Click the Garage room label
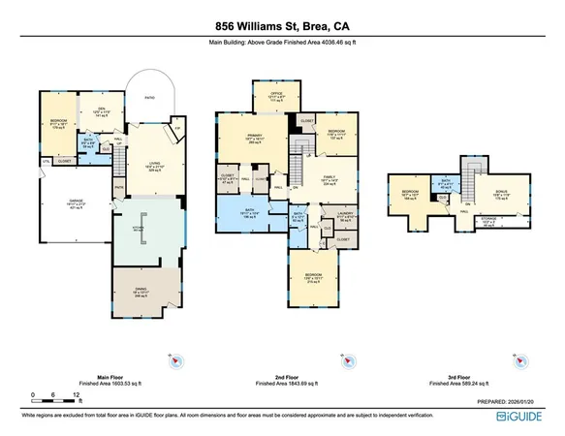(x=63, y=206)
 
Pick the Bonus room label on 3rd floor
(x=503, y=195)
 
